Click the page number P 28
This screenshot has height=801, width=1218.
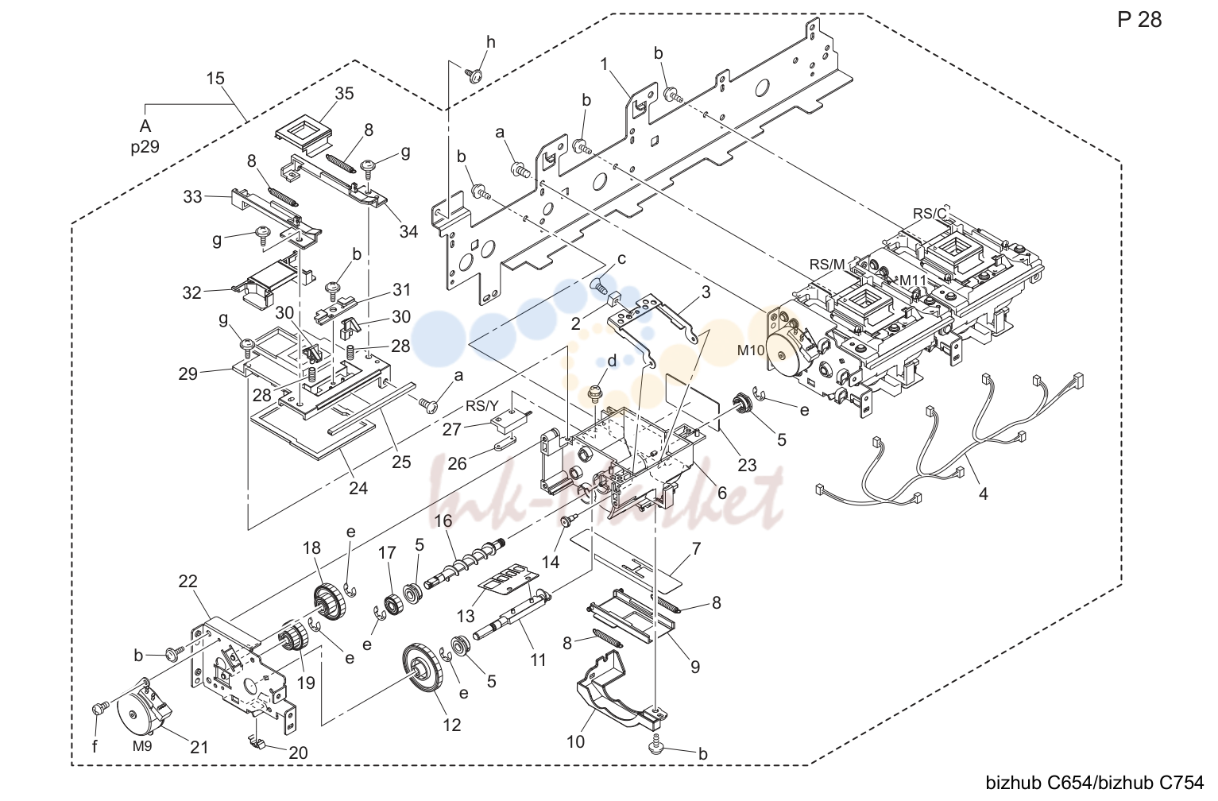pyautogui.click(x=1139, y=20)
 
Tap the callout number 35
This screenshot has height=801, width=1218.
pyautogui.click(x=344, y=94)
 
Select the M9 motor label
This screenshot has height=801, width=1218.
pyautogui.click(x=142, y=746)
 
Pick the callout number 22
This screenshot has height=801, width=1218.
pyautogui.click(x=188, y=582)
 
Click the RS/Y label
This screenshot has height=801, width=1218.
pyautogui.click(x=481, y=406)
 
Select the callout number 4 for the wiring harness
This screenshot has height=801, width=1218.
pyautogui.click(x=983, y=493)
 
